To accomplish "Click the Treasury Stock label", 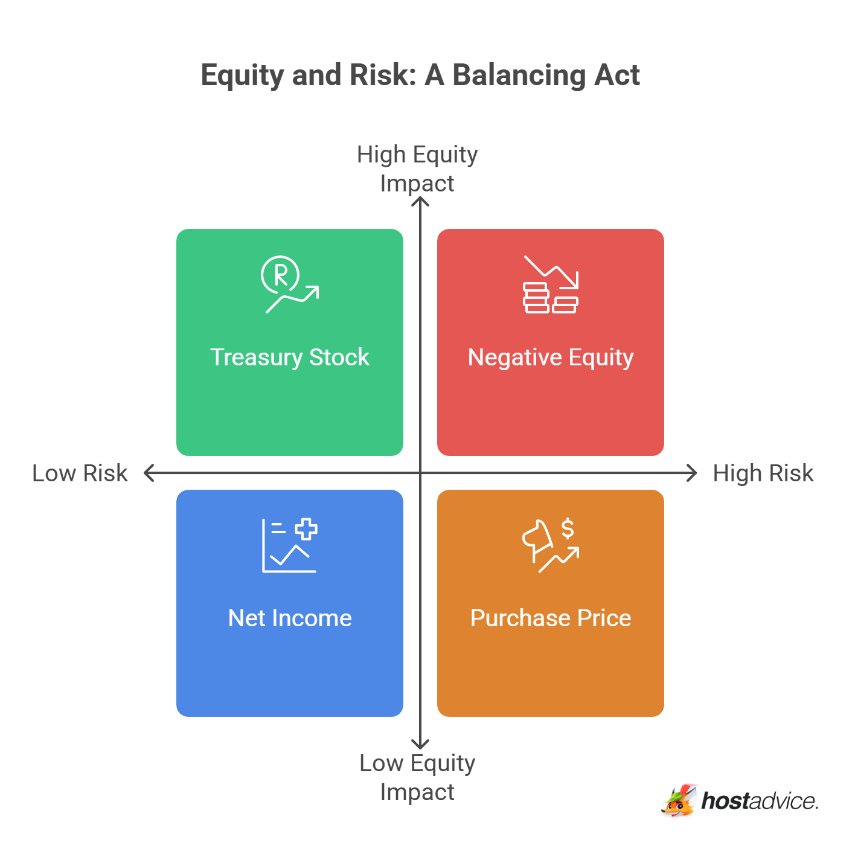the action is click(289, 357).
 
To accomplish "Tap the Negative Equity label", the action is click(550, 357).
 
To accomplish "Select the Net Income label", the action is click(289, 618).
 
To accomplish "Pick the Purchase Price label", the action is click(550, 618).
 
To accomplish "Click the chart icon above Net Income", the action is click(289, 545).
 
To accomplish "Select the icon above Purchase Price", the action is click(550, 545).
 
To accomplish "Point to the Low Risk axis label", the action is click(80, 473).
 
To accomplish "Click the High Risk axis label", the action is click(763, 473).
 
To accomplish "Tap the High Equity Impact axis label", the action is click(417, 168).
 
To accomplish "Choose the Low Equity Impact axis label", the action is click(417, 777).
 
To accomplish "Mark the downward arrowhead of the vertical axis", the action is click(420, 745).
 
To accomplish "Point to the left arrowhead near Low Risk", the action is click(149, 473).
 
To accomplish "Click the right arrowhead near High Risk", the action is click(693, 473).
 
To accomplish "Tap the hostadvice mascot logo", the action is click(679, 801).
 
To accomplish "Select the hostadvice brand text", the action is click(760, 801).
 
